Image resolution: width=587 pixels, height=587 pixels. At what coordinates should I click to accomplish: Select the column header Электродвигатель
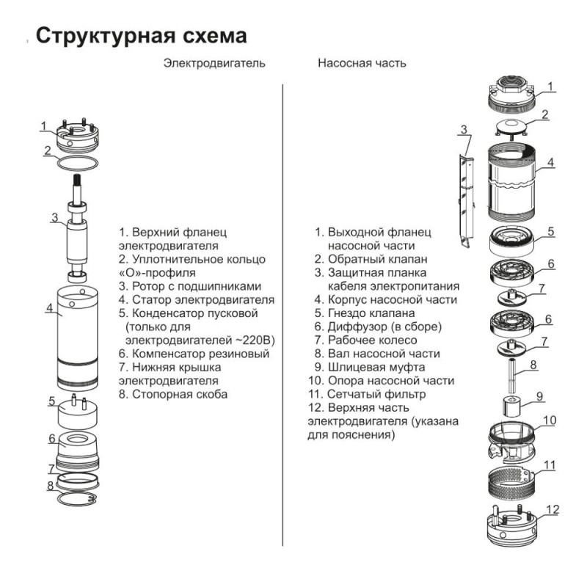pos(214,64)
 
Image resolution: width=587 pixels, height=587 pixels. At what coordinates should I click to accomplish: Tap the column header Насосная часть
pos(362,64)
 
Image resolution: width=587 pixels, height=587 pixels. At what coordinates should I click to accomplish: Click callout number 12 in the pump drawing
pos(553,509)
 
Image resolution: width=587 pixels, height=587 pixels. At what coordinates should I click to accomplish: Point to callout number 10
pos(550,421)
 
